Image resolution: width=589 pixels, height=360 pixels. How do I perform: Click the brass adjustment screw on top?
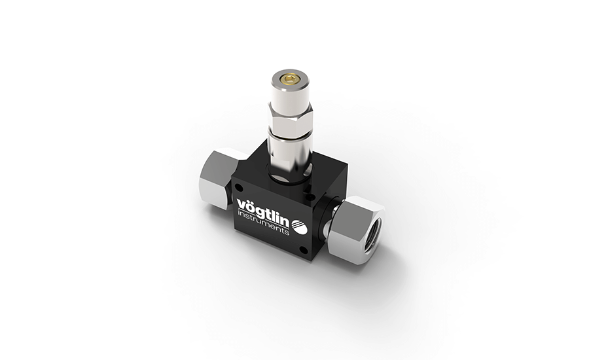(290, 81)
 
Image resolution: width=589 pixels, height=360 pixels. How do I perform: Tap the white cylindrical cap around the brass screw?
(290, 95)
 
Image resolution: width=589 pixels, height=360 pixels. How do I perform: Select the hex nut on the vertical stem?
(290, 120)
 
